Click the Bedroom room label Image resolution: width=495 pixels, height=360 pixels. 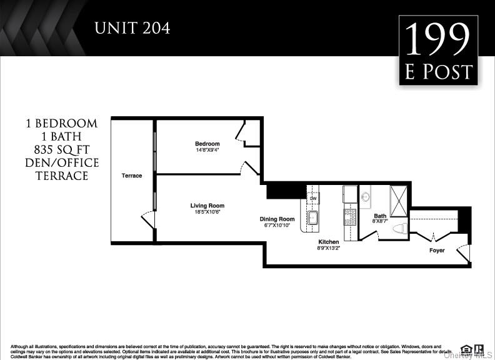click(x=207, y=144)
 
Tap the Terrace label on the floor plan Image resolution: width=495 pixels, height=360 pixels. click(x=131, y=176)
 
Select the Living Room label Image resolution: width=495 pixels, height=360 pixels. click(x=207, y=206)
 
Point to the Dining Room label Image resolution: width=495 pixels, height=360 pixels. click(x=277, y=219)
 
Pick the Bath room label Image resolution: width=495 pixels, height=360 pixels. click(x=381, y=216)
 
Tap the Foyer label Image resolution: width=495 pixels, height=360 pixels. click(x=437, y=251)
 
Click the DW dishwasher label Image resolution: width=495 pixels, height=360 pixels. click(x=314, y=199)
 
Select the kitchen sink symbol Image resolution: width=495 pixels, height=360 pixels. click(x=313, y=218)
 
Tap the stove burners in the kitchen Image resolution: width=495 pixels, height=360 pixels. click(x=350, y=217)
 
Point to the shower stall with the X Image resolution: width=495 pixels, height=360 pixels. click(x=398, y=201)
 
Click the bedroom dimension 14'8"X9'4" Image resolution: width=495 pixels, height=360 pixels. click(x=207, y=150)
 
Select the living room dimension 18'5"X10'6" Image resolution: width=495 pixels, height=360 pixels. click(x=207, y=212)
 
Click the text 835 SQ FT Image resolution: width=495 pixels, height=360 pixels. click(x=62, y=149)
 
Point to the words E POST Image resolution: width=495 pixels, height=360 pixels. click(x=438, y=72)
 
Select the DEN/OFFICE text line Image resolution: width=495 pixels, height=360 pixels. click(x=62, y=163)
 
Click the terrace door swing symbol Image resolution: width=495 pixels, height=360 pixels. click(x=147, y=220)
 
